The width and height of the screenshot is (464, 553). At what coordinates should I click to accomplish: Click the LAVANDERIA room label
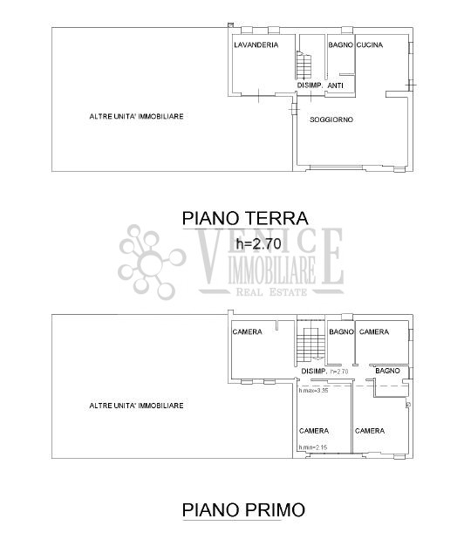click(x=256, y=44)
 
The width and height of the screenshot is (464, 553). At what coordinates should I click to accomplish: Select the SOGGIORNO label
click(x=331, y=119)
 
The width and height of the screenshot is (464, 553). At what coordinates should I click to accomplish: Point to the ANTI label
click(x=335, y=85)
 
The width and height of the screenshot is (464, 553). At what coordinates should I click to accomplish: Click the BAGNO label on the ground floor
click(x=340, y=44)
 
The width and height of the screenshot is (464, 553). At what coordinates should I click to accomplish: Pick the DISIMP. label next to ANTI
click(x=310, y=85)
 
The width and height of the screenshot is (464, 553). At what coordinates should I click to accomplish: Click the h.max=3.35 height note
click(x=312, y=390)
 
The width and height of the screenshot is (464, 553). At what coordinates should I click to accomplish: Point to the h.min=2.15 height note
click(x=312, y=447)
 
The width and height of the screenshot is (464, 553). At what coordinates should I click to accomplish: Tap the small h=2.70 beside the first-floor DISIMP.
click(x=339, y=372)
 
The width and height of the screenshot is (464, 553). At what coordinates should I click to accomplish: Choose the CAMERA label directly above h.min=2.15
click(x=313, y=430)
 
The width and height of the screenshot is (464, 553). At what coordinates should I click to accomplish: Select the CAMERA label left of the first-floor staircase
click(x=247, y=331)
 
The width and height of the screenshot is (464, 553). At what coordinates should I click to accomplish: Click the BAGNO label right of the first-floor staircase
click(x=341, y=331)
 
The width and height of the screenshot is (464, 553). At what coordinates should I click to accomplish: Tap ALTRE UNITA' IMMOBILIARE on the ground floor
click(x=136, y=116)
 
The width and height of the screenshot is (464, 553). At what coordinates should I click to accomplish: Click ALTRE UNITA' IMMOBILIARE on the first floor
click(x=136, y=405)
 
